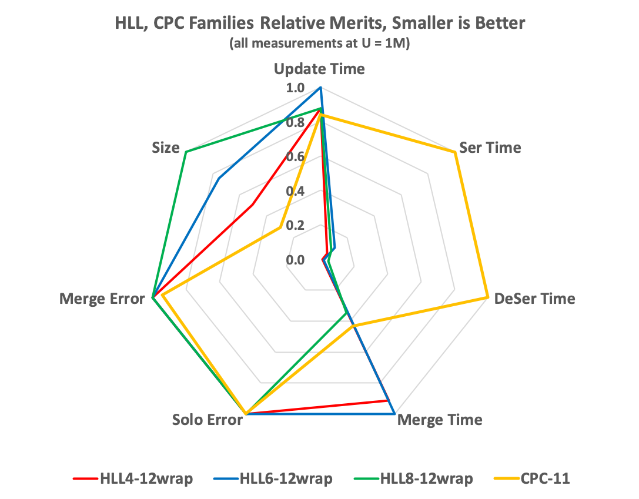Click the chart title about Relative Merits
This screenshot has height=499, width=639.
(x=319, y=24)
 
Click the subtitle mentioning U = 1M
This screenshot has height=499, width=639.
(x=319, y=44)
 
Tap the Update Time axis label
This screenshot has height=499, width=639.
(x=319, y=69)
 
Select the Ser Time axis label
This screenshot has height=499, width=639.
(x=490, y=147)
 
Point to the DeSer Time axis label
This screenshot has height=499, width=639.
(x=534, y=299)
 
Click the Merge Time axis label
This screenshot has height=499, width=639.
(x=440, y=420)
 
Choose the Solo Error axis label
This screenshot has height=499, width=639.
(x=208, y=420)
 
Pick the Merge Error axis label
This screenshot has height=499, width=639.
(x=102, y=299)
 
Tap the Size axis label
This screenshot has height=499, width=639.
(x=165, y=148)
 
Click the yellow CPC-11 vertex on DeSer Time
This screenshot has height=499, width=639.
(x=487, y=297)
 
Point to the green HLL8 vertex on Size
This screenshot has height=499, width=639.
(x=186, y=152)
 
